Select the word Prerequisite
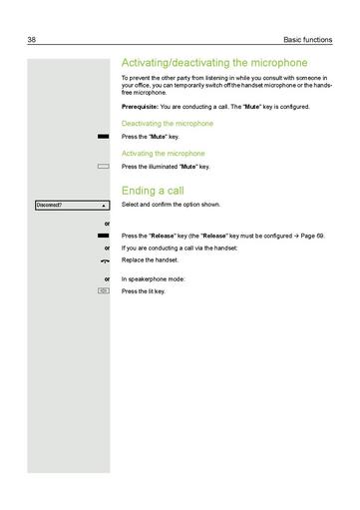tap(143, 107)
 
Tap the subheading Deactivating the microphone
tap(168, 123)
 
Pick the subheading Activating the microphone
tap(164, 154)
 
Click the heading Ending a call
tap(156, 190)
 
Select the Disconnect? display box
tap(70, 205)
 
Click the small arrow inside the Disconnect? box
tap(104, 205)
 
